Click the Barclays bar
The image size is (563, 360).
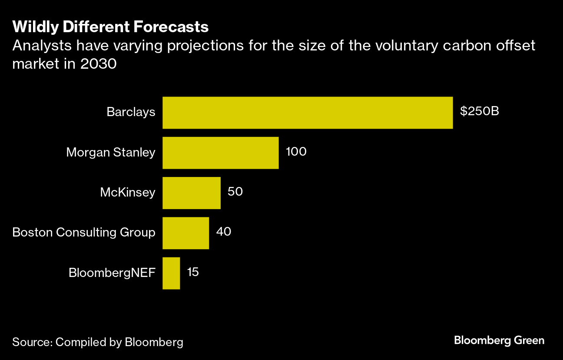308,113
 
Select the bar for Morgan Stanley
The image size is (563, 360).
220,153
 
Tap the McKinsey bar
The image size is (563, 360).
192,193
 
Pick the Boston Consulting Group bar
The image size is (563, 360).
185,233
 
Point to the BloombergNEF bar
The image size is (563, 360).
171,273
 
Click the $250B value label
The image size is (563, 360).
480,112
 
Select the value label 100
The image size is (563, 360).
296,152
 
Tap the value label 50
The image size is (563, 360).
235,192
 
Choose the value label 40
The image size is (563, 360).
224,232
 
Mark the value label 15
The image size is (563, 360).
193,272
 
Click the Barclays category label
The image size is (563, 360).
131,112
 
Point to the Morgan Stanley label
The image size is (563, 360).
110,153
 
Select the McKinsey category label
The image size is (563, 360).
128,193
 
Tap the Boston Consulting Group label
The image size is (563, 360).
84,233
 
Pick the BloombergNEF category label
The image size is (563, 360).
112,273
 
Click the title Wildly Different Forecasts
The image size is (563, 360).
110,27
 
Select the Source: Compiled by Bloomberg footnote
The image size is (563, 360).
98,342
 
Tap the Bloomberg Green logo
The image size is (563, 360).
499,340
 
